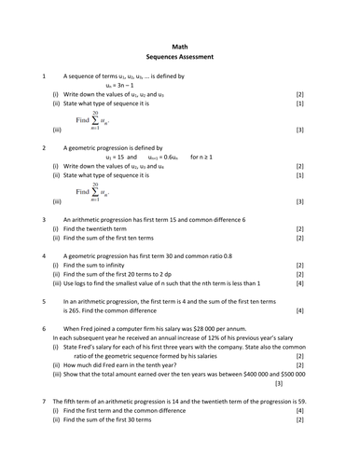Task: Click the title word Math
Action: coord(180,46)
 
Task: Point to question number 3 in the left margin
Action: coord(44,219)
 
